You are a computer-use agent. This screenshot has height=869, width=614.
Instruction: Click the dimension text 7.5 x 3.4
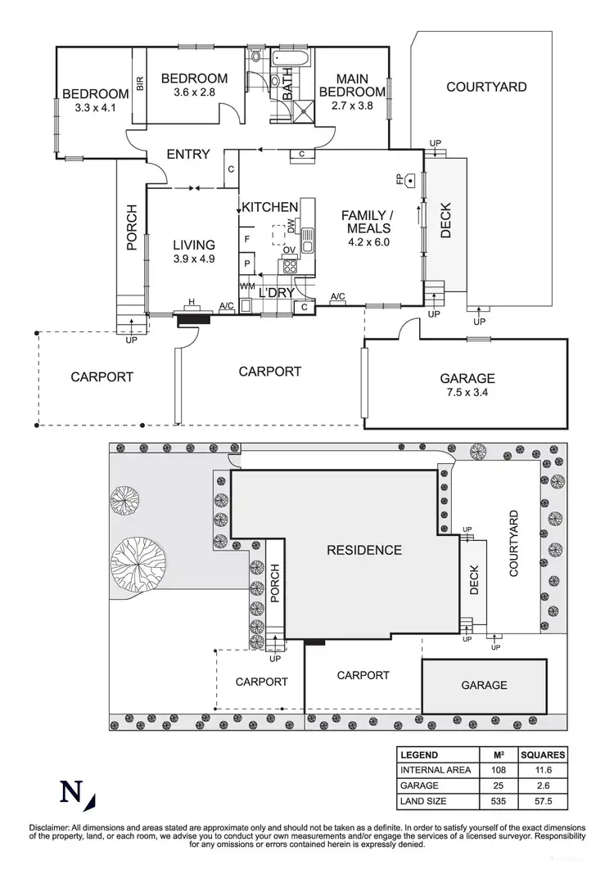point(467,393)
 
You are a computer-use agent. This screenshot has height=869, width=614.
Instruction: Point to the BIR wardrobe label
point(140,84)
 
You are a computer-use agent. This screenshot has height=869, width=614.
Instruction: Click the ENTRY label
point(188,154)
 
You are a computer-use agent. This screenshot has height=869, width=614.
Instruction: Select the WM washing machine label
point(247,286)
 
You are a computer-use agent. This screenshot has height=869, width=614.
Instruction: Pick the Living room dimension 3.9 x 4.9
point(194,259)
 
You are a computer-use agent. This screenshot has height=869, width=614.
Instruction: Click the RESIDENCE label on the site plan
point(364,550)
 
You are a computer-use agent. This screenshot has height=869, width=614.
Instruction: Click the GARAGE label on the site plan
point(484,685)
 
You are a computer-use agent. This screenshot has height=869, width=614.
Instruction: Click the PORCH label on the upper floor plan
point(131,224)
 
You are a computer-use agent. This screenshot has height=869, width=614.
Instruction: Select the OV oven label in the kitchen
point(289,250)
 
